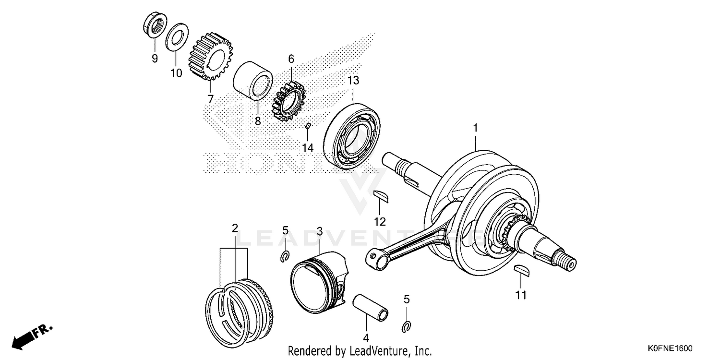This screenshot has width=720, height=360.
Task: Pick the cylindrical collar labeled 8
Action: (253, 80)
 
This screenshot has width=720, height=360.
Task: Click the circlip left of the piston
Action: (285, 257)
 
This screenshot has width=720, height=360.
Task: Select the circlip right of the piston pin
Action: (406, 327)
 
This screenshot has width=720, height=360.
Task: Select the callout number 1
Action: (475, 115)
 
